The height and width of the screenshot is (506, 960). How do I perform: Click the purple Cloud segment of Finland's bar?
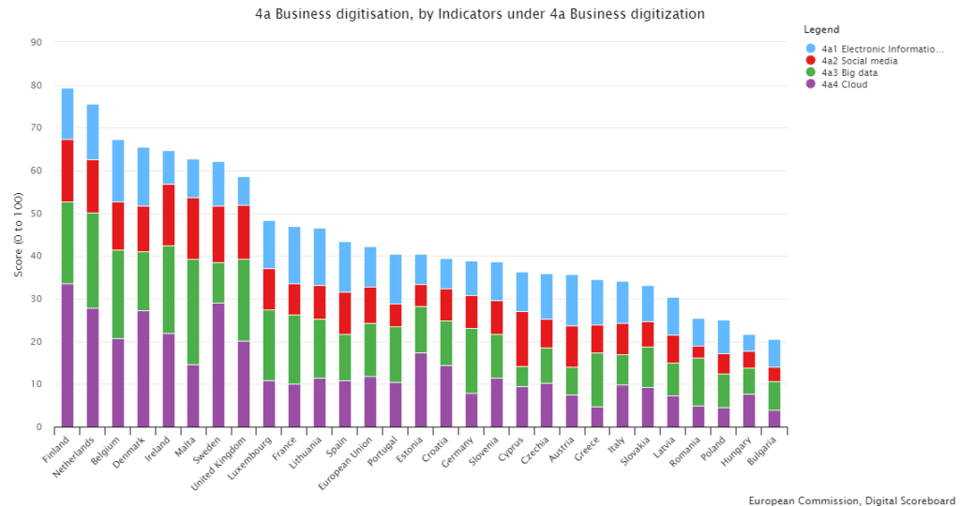coord(67,355)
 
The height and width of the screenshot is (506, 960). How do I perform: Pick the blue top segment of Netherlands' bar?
coord(93,132)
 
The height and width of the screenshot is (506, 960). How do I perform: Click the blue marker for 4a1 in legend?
coord(810,48)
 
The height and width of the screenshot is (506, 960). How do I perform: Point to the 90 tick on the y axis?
coord(36,42)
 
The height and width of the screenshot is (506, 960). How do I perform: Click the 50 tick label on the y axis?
coord(36,214)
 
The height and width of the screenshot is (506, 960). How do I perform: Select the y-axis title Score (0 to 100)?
coord(18,234)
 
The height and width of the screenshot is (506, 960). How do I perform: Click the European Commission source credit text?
coord(851,499)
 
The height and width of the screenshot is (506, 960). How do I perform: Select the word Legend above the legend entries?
coord(821,30)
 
